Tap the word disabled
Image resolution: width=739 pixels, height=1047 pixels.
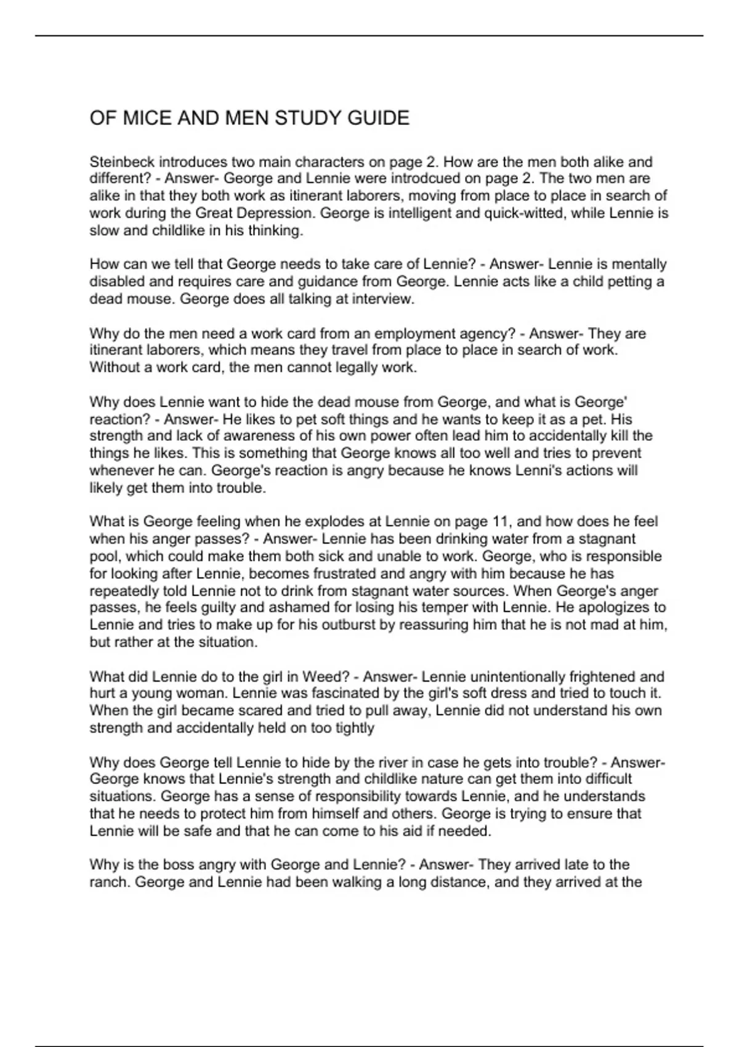pos(116,282)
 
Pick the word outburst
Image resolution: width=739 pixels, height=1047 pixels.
pos(342,625)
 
